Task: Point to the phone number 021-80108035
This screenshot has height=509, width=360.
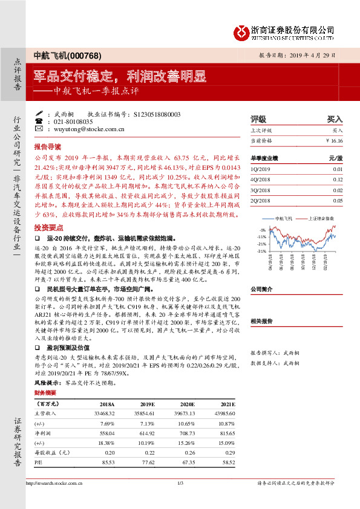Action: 71,122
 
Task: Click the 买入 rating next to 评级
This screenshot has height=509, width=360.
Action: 335,120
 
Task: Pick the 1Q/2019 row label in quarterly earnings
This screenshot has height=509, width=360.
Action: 258,170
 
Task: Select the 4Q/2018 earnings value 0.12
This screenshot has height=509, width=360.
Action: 338,180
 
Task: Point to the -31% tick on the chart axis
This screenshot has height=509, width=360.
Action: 261,251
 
